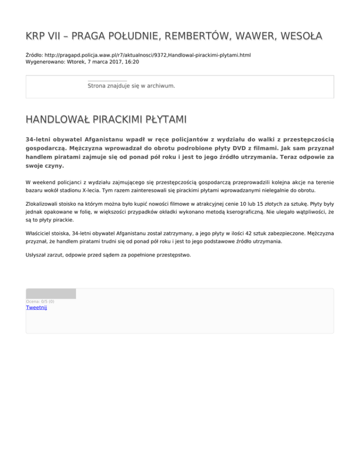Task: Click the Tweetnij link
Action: pyautogui.click(x=37, y=308)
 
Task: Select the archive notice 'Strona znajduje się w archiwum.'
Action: pyautogui.click(x=131, y=86)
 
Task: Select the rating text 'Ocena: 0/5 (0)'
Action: pyautogui.click(x=40, y=301)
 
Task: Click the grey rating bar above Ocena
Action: pyautogui.click(x=51, y=293)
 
